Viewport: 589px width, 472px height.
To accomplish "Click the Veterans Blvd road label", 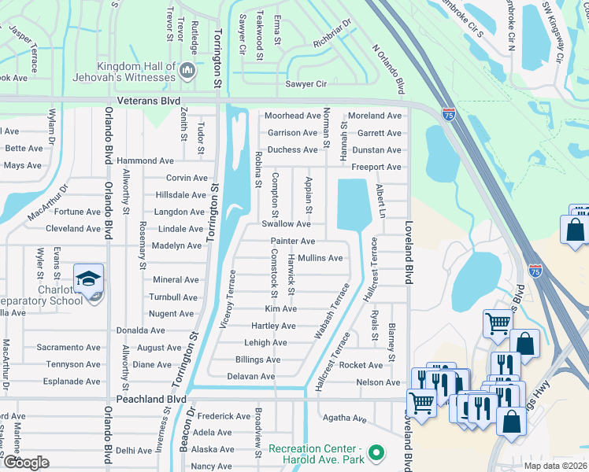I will (x=148, y=101).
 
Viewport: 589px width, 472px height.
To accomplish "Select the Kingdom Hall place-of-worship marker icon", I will (x=187, y=72).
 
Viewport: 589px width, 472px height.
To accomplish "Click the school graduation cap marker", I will (x=88, y=278).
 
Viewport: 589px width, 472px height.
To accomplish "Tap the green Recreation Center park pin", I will (x=376, y=453).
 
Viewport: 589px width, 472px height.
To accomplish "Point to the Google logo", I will (x=26, y=463).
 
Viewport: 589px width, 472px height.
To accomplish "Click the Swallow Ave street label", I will (x=286, y=224).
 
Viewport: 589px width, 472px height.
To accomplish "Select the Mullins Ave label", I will (x=320, y=258).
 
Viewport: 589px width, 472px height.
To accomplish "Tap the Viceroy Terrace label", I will (x=228, y=300).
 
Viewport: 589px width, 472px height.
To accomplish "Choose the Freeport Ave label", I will (x=376, y=167).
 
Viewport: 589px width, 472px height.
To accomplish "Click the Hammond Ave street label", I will (x=145, y=160).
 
